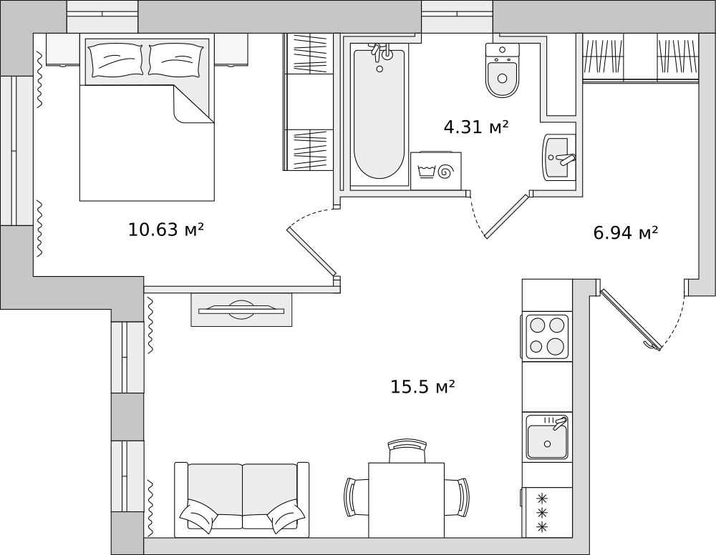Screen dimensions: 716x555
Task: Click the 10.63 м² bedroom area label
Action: point(165,230)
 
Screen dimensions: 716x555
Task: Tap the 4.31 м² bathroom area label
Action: point(476,127)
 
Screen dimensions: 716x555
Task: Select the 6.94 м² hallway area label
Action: point(625,232)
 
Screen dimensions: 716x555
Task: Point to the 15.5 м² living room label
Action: point(422,387)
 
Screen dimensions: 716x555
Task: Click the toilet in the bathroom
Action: point(503,70)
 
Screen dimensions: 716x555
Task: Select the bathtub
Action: point(379,114)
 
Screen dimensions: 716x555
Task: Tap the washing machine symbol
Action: point(435,171)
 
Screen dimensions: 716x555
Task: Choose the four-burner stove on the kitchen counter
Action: point(547,337)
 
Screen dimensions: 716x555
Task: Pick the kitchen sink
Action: point(547,437)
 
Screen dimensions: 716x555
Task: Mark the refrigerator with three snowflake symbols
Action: point(547,512)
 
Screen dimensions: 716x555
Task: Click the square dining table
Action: point(407,500)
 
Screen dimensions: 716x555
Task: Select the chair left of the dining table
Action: point(357,497)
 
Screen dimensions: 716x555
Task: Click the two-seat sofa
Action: point(241,498)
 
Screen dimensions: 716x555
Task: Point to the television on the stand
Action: point(241,310)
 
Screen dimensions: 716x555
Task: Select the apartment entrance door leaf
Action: point(631,320)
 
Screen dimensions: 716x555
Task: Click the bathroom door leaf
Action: point(507,216)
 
